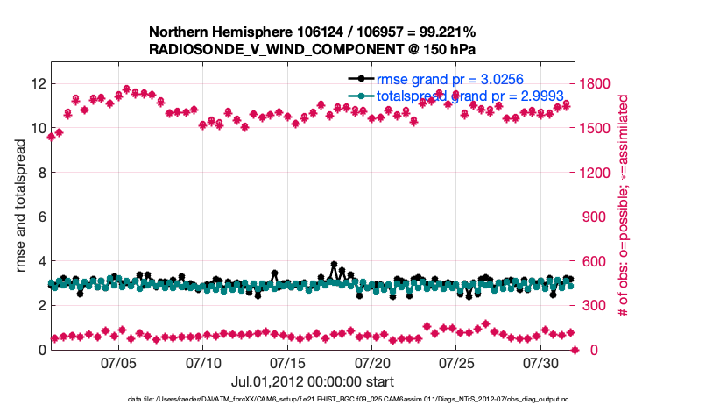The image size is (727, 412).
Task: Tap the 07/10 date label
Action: click(x=203, y=362)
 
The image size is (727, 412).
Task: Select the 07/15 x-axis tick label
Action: click(x=287, y=362)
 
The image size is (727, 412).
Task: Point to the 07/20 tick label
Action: click(x=372, y=362)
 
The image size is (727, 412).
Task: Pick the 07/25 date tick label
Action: click(x=456, y=362)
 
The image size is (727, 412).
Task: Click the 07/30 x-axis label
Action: click(x=540, y=362)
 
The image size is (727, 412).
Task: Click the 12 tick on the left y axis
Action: click(x=37, y=83)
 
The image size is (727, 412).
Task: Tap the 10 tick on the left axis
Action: click(x=37, y=128)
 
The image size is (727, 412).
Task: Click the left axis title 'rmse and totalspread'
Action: click(x=18, y=206)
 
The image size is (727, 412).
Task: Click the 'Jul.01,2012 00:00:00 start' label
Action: click(x=313, y=381)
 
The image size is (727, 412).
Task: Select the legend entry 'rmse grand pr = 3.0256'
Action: click(x=446, y=79)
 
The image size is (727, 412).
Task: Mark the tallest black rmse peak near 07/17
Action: click(x=334, y=264)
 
